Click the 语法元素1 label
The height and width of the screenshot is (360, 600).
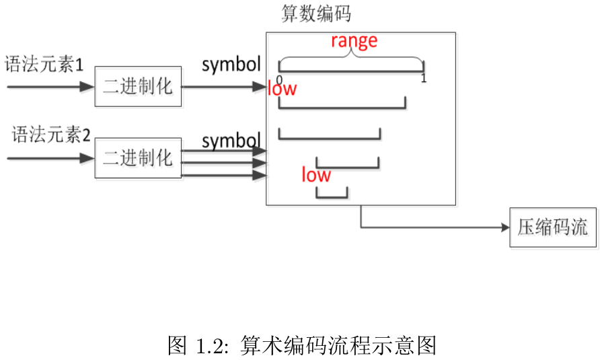(x=44, y=65)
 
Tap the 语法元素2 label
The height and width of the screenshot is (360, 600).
(x=51, y=135)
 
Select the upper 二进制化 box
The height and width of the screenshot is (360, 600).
(x=138, y=87)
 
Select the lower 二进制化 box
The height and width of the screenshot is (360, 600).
(x=138, y=158)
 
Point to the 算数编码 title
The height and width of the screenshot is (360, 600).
(x=316, y=14)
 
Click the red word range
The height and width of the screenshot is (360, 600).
(x=354, y=41)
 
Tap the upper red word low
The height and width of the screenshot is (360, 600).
(x=282, y=88)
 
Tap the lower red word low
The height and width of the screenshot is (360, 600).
(x=315, y=176)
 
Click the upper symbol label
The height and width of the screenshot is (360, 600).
(x=231, y=65)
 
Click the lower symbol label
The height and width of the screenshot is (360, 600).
(x=231, y=141)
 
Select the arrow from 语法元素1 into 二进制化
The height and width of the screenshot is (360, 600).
(x=50, y=87)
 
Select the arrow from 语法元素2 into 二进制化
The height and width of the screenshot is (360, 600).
(x=50, y=158)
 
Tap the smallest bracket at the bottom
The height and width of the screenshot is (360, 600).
(x=332, y=194)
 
